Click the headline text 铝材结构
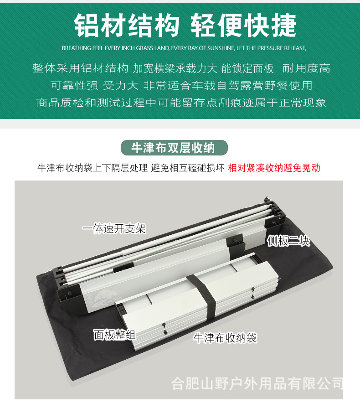coord(127,26)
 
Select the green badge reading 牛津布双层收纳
coord(174,148)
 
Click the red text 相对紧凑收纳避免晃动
coord(274,168)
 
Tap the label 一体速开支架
coord(114,228)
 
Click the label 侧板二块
coord(288,241)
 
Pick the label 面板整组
coord(114,334)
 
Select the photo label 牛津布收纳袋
coord(225,338)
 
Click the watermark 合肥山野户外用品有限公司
coord(257,383)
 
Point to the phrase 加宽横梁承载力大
coord(175,68)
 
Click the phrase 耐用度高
coord(306,68)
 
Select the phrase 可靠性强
coord(74,86)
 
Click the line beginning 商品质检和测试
coord(181,103)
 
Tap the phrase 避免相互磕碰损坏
coord(188,168)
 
